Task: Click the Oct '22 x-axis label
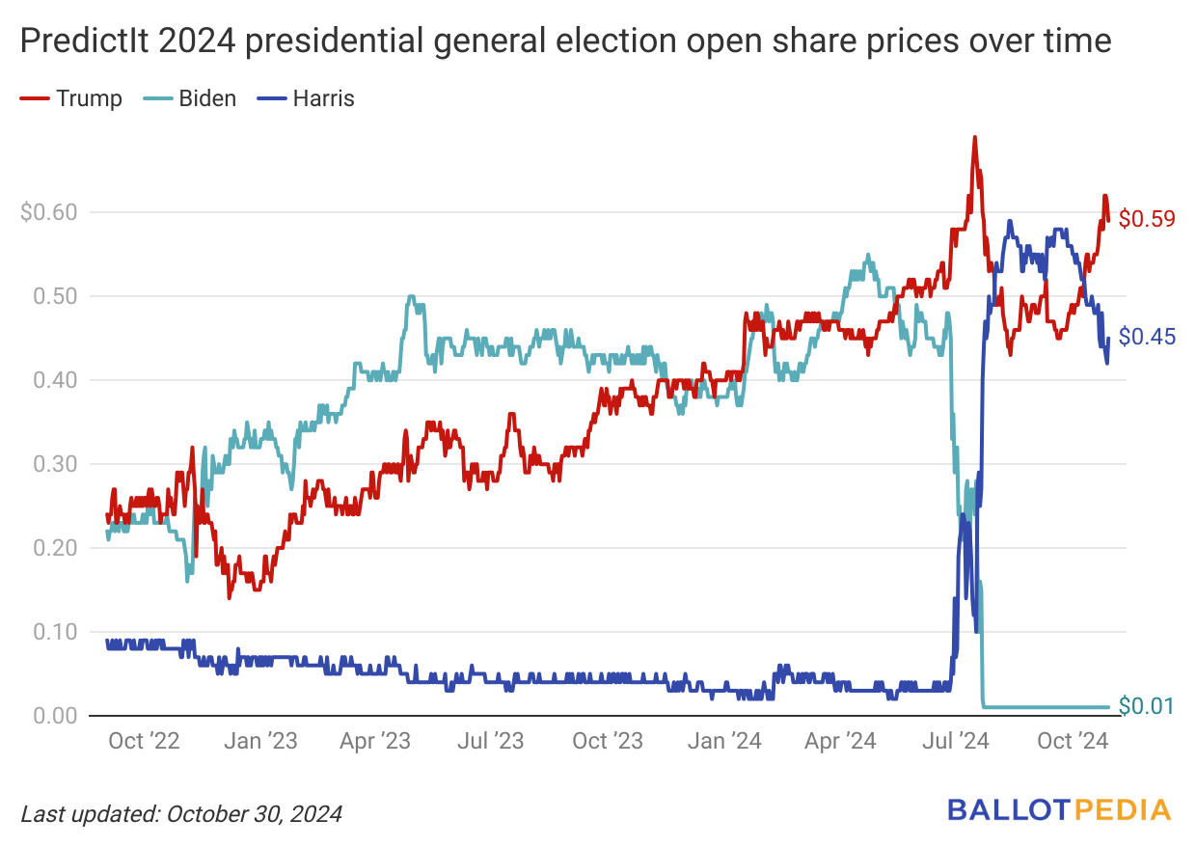[x=144, y=741]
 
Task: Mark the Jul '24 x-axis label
[x=957, y=741]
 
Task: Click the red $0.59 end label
[x=1147, y=219]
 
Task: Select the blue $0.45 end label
[x=1147, y=338]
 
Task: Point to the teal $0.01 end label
[x=1147, y=707]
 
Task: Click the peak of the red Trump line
[x=974, y=138]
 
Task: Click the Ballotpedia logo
[x=1059, y=809]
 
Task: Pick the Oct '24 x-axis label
[x=1072, y=741]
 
